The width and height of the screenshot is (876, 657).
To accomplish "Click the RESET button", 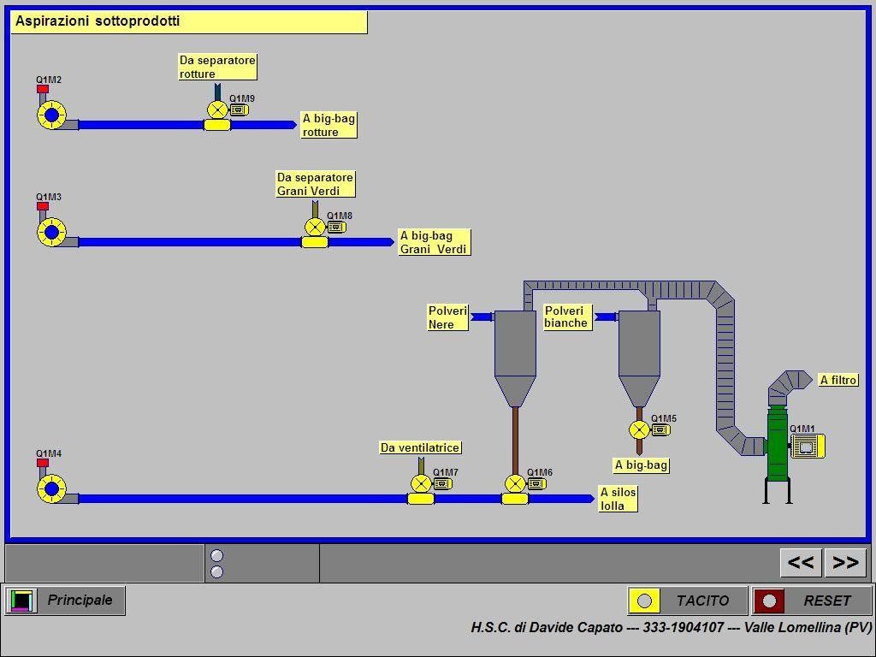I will pyautogui.click(x=812, y=601).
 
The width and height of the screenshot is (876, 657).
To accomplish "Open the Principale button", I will pyautogui.click(x=65, y=601).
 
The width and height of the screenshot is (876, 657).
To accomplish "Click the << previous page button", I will pyautogui.click(x=801, y=562).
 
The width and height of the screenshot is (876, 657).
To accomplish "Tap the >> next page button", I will pyautogui.click(x=846, y=562).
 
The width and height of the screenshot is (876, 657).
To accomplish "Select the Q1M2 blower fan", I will pyautogui.click(x=51, y=115).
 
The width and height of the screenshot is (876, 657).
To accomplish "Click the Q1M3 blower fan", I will pyautogui.click(x=51, y=232).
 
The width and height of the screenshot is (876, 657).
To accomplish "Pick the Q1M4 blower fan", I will pyautogui.click(x=51, y=488).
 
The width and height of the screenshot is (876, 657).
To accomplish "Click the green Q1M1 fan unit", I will pyautogui.click(x=778, y=445).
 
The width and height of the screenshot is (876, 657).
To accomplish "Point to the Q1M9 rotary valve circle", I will pyautogui.click(x=217, y=109).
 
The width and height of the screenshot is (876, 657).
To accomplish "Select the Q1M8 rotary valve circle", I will pyautogui.click(x=315, y=227).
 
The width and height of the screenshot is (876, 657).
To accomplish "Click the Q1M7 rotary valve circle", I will pyautogui.click(x=420, y=484).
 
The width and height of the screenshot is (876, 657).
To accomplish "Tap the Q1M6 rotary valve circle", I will pyautogui.click(x=514, y=484).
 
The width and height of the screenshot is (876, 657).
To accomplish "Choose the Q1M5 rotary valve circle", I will pyautogui.click(x=639, y=429).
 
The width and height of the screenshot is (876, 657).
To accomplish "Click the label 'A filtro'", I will pyautogui.click(x=838, y=380).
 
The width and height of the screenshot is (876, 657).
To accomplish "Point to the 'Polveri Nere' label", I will pyautogui.click(x=447, y=317).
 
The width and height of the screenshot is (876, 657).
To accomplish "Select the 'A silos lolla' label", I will pyautogui.click(x=618, y=499).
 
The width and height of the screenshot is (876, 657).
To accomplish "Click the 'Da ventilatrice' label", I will pyautogui.click(x=420, y=447).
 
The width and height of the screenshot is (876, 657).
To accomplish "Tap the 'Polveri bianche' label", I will pyautogui.click(x=566, y=317).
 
